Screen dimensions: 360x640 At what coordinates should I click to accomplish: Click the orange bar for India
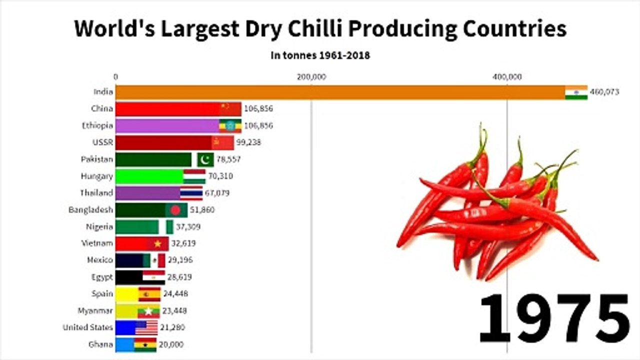point(340,92)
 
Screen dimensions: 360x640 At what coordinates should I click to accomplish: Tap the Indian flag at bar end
point(576,92)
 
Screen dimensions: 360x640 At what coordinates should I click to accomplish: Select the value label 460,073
point(604,92)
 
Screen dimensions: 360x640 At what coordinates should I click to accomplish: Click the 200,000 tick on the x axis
point(311,77)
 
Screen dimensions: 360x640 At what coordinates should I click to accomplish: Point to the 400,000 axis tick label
point(507,77)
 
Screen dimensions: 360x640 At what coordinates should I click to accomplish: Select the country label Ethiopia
point(97,125)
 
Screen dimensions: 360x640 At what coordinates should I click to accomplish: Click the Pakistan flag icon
point(205,159)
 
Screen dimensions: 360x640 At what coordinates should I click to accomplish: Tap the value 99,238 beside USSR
point(248,142)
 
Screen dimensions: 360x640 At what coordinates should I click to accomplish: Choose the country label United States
point(88,327)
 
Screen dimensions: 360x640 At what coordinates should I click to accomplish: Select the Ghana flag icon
point(145,344)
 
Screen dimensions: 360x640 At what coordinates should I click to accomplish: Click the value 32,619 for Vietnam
point(183,243)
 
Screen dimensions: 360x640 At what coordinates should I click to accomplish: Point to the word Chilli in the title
point(310,29)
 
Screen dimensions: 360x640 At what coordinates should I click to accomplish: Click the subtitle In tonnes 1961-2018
point(320,55)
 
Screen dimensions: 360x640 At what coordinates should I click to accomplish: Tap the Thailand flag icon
point(191,193)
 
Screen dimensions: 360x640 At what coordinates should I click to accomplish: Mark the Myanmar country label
point(95,310)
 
